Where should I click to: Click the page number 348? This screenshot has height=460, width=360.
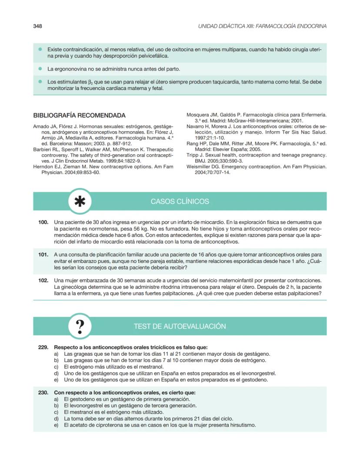[37, 26]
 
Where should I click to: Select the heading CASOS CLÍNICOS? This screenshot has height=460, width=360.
[180, 202]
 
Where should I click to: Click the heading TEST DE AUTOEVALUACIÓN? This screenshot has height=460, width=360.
[180, 326]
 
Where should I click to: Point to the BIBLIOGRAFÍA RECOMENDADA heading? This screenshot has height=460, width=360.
[80, 116]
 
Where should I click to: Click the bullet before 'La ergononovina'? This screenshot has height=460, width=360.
[40, 69]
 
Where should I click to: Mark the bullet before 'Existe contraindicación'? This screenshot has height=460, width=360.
[40, 50]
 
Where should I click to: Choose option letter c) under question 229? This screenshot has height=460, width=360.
[56, 367]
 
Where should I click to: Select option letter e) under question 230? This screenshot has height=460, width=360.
[56, 425]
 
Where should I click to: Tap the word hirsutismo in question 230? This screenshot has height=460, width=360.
[241, 425]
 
